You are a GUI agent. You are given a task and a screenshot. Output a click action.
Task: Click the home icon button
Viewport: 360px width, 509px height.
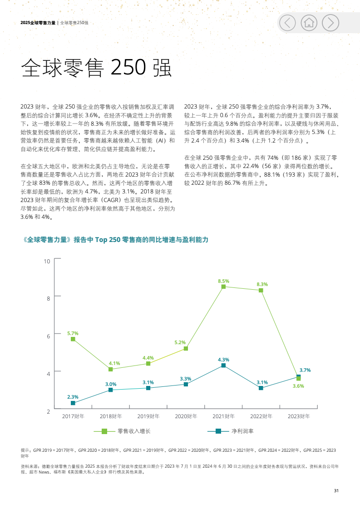310,22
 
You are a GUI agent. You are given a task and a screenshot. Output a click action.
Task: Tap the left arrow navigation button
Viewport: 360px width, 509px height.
287,22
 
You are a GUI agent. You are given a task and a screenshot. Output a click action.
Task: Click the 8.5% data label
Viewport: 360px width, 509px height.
223,281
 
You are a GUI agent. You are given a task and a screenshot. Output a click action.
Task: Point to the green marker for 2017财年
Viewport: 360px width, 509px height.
73,339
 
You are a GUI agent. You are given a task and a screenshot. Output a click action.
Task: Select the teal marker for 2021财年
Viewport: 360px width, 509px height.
223,366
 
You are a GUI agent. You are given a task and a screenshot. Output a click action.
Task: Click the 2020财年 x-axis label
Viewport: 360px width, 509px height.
186,416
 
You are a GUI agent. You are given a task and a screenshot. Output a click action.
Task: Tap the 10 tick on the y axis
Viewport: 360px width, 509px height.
47,261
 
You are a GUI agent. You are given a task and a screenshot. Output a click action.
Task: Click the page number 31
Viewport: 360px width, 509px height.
336,491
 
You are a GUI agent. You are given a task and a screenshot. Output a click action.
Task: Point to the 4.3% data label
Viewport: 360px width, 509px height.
223,360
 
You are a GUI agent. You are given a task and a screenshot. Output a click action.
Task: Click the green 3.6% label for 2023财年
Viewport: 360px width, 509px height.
298,386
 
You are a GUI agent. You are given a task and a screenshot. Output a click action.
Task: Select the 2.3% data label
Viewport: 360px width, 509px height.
73,397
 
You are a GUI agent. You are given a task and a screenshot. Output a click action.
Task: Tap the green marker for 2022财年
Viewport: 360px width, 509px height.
261,290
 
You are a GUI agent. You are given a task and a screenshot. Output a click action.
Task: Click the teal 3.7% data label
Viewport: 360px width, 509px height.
305,370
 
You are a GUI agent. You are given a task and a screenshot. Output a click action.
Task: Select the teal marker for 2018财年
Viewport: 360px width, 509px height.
111,390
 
